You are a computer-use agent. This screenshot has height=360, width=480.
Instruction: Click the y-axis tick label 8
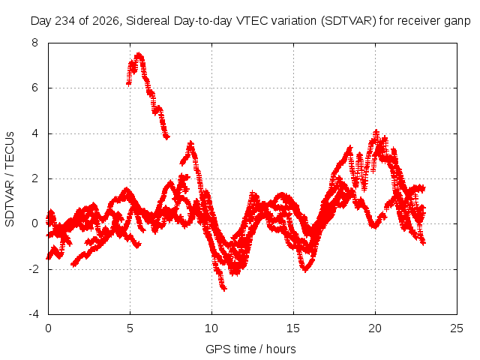pyautogui.click(x=34, y=43)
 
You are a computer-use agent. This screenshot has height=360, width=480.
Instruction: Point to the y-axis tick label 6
pyautogui.click(x=34, y=88)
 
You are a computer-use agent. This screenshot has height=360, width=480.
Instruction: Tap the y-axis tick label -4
pyautogui.click(x=33, y=314)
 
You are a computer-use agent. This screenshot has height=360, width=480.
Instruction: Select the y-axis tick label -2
pyautogui.click(x=33, y=269)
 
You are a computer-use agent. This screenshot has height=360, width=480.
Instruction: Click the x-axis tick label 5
pyautogui.click(x=130, y=328)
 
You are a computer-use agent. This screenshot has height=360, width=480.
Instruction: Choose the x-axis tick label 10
pyautogui.click(x=211, y=328)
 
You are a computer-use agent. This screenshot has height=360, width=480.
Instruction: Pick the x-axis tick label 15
pyautogui.click(x=293, y=328)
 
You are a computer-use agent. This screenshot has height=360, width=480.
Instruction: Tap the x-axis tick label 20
pyautogui.click(x=375, y=328)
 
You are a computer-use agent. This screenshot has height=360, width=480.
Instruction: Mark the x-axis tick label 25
pyautogui.click(x=457, y=328)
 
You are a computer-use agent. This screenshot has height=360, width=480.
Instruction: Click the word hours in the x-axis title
pyautogui.click(x=281, y=349)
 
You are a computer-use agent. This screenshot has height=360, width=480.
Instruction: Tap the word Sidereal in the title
pyautogui.click(x=148, y=21)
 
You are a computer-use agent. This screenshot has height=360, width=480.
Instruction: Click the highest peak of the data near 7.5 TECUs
pyautogui.click(x=139, y=55)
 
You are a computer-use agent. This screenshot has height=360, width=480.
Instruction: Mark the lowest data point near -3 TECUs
pyautogui.click(x=224, y=288)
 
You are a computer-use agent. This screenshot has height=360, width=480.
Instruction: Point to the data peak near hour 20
pyautogui.click(x=376, y=132)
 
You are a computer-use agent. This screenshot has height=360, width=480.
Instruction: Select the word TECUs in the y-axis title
pyautogui.click(x=10, y=148)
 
